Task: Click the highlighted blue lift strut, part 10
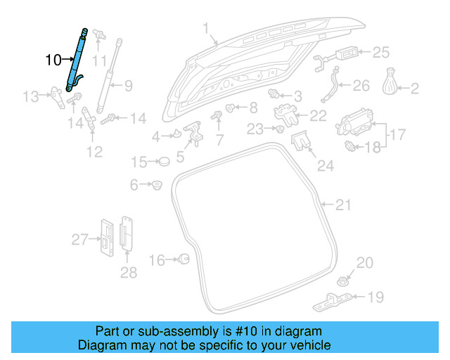tap(77, 59)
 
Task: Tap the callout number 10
tap(53, 60)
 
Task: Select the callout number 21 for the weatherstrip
tap(343, 205)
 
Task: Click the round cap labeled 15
tap(164, 162)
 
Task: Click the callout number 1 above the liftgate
tap(207, 30)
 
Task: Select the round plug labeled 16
tap(184, 259)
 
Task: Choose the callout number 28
tap(128, 271)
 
